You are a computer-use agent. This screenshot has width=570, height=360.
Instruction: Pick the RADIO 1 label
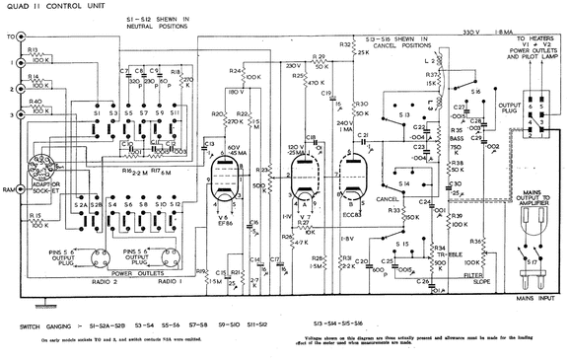(178, 279)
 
